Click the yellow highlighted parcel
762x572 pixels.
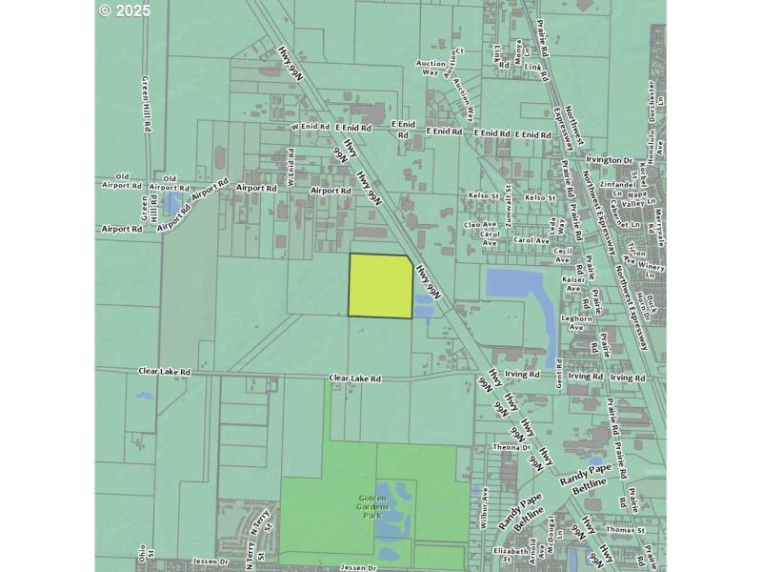[381, 286]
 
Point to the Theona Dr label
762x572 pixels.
[511, 446]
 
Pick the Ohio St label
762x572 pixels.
[143, 552]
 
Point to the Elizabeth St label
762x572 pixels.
[511, 551]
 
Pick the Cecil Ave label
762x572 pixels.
[562, 255]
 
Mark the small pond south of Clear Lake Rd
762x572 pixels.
[143, 394]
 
